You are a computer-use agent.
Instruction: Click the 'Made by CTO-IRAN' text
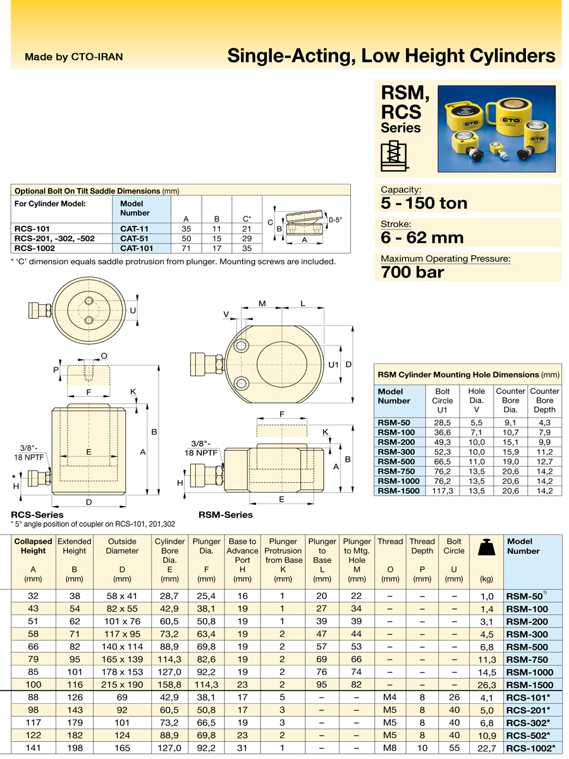coord(73,57)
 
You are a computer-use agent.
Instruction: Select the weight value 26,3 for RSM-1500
coord(487,685)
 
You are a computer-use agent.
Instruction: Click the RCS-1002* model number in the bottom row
coord(530,748)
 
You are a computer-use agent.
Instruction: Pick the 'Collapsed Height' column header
coord(33,546)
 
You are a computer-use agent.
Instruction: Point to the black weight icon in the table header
coord(486,547)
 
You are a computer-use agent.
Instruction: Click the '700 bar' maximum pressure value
coord(412,272)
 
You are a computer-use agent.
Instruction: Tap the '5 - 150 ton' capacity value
coord(424,203)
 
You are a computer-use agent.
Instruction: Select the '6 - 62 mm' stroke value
coord(422,238)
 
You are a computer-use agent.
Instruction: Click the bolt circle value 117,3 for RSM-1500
coord(442,491)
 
